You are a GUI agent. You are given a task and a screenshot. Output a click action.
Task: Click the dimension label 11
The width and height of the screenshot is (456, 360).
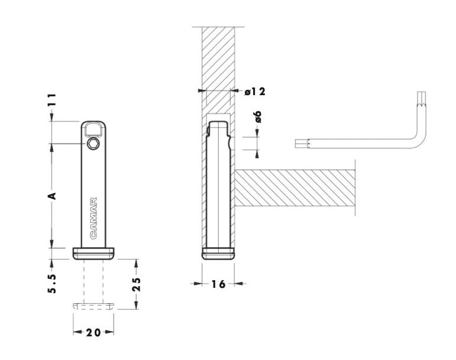tap(52, 100)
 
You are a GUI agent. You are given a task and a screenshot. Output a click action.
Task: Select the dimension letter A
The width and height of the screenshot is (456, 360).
tap(52, 196)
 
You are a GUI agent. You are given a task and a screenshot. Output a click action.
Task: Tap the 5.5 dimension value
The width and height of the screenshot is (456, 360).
tap(52, 283)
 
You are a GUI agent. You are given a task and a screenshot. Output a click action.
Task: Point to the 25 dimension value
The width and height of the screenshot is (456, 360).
tap(137, 284)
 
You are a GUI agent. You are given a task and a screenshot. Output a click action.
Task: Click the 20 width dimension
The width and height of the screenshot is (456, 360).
tap(93, 332)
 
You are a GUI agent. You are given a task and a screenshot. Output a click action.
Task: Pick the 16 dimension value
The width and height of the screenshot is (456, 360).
tap(218, 284)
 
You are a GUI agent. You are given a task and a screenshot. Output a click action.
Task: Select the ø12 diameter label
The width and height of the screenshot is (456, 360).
tap(255, 92)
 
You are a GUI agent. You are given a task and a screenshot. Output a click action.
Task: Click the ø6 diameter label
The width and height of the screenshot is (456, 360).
tap(258, 117)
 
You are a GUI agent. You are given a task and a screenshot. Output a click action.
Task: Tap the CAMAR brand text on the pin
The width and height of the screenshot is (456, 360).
tap(93, 218)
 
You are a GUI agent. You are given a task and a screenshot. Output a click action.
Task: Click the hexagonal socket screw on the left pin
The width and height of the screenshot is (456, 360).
tap(93, 143)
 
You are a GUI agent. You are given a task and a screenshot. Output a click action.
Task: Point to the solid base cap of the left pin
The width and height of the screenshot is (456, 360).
tap(93, 254)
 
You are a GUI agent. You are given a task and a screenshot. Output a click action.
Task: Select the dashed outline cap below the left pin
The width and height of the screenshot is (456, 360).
tap(93, 306)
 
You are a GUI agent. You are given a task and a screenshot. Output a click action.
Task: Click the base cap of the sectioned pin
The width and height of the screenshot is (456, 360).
tap(218, 254)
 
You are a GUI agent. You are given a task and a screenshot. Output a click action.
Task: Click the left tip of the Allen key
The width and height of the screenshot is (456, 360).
tap(296, 144)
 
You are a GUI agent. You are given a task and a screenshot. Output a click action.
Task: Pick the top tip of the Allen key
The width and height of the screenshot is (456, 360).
tap(422, 92)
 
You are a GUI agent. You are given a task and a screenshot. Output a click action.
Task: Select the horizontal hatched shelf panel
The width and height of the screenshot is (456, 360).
tap(295, 189)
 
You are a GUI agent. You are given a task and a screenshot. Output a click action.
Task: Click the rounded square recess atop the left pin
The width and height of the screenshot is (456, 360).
tap(93, 129)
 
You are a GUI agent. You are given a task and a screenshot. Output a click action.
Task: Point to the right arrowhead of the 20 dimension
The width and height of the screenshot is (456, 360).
tap(109, 332)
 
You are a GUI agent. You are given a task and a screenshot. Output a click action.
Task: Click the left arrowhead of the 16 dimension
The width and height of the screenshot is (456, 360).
tap(198, 283)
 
